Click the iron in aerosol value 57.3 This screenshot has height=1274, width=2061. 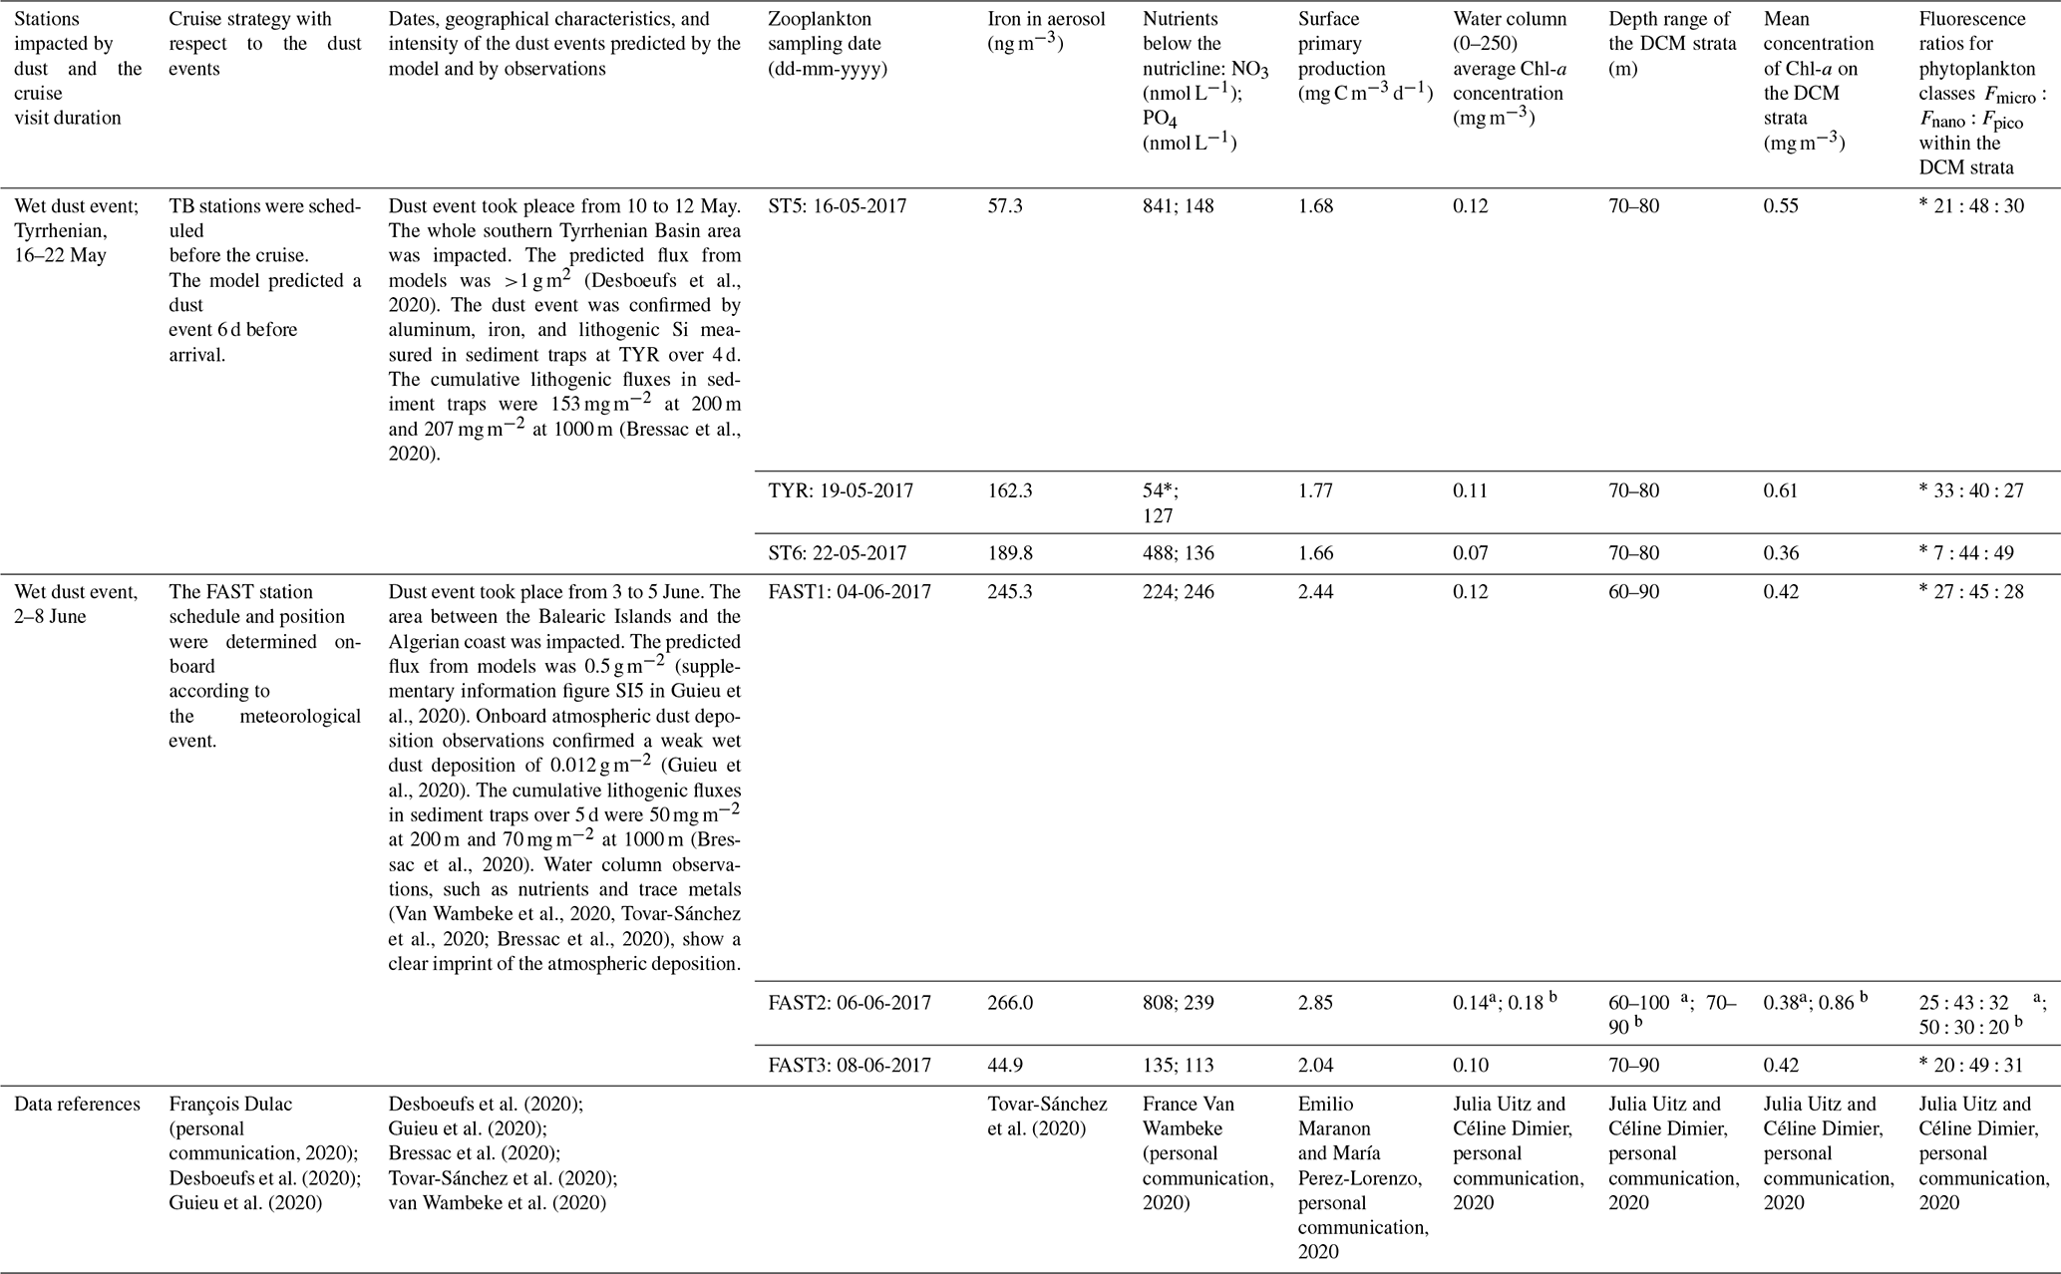1004,206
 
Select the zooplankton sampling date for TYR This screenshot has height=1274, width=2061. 840,490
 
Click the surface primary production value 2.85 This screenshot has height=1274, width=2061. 1316,1003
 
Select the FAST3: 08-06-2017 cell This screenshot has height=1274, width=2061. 850,1065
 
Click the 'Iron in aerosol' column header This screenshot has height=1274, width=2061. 1046,32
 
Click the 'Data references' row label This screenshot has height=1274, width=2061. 76,1104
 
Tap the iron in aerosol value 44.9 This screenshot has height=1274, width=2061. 1004,1065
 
